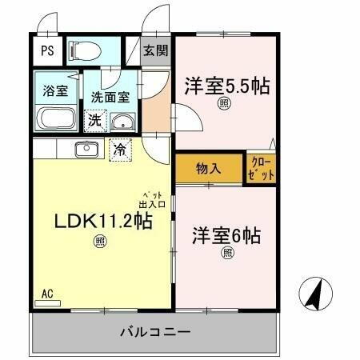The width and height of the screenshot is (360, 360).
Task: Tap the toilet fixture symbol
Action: pos(85,51)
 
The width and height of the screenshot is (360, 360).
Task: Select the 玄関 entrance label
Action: pos(154,51)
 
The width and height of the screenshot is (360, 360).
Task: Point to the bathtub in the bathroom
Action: pos(54,119)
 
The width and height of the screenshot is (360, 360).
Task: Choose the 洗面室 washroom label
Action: pos(109,97)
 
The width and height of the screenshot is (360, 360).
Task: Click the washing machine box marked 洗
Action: pos(94,121)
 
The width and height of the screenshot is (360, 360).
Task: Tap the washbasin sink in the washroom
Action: pos(122,122)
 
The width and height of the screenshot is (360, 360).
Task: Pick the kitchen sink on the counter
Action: pos(86,148)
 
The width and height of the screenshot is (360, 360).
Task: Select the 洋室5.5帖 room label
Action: pos(226,86)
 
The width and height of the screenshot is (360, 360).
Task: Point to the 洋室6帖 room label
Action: pos(226,237)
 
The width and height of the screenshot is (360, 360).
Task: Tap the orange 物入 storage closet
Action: pos(208,169)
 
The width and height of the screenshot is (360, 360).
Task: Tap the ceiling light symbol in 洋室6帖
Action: pos(226,254)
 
